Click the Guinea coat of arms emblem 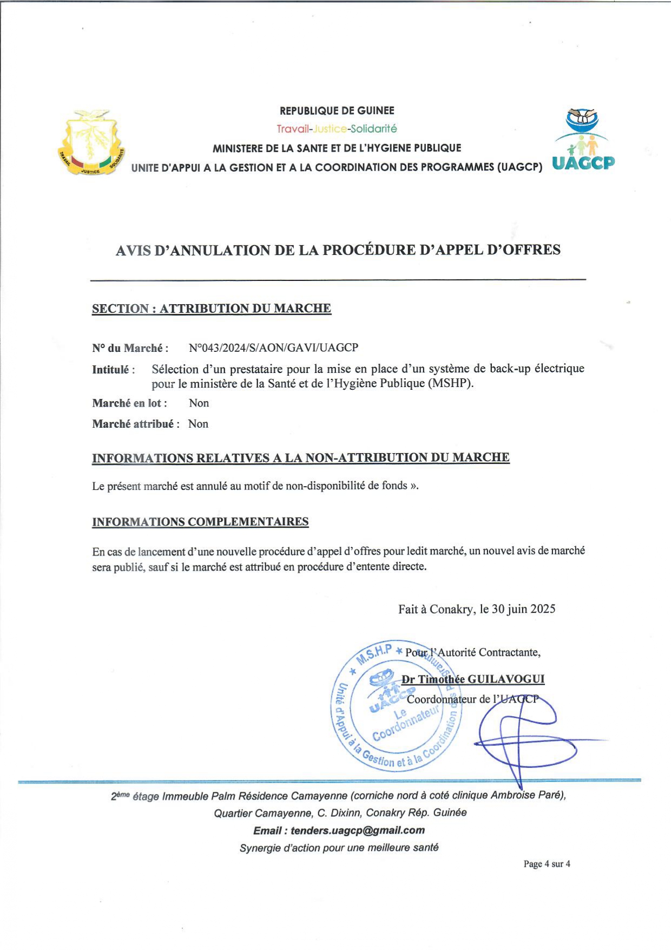click(x=91, y=142)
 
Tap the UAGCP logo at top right click(x=583, y=140)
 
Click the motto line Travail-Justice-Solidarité click(x=337, y=129)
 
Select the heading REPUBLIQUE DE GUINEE click(x=337, y=111)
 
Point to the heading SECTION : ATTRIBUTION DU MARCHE click(x=211, y=309)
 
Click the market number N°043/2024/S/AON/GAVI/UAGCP click(x=273, y=348)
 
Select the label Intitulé click(x=111, y=370)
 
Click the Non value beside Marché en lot click(x=199, y=403)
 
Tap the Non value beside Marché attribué click(x=198, y=424)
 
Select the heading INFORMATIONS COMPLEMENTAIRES click(x=200, y=522)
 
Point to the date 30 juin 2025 click(x=523, y=609)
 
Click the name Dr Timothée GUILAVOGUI click(x=473, y=679)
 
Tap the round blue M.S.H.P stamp click(x=396, y=706)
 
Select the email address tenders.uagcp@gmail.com click(x=357, y=830)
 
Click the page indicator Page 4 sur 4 click(x=547, y=864)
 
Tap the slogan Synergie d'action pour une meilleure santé click(x=339, y=848)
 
